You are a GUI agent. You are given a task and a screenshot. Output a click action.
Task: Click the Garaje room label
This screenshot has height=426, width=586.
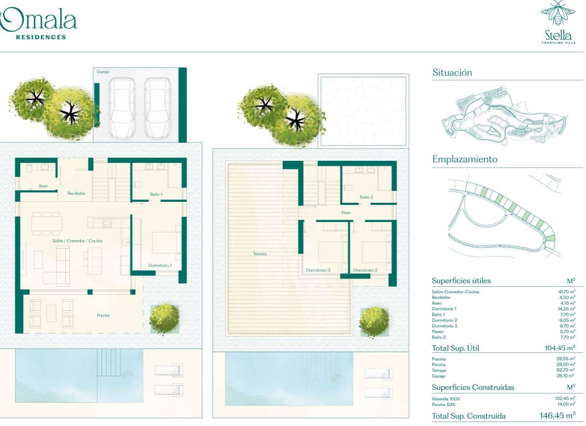pyautogui.click(x=103, y=72)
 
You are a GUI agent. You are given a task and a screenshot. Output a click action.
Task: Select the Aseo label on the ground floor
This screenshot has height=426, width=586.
pyautogui.click(x=43, y=186)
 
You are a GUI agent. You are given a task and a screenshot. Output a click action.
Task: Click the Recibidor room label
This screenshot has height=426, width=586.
pyautogui.click(x=76, y=193)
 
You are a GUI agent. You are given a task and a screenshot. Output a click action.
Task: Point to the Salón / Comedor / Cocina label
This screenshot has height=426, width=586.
pyautogui.click(x=77, y=241)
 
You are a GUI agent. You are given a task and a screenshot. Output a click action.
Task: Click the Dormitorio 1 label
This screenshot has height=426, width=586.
pyautogui.click(x=160, y=265)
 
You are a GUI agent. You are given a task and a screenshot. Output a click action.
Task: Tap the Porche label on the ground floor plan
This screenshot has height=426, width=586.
pyautogui.click(x=103, y=315)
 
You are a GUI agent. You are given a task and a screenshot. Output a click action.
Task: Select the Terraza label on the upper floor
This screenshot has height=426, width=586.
pyautogui.click(x=259, y=254)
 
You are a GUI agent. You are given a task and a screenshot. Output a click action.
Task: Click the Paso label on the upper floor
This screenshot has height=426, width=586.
pyautogui.click(x=346, y=213)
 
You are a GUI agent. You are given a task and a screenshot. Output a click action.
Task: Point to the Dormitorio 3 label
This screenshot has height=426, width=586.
pyautogui.click(x=318, y=270)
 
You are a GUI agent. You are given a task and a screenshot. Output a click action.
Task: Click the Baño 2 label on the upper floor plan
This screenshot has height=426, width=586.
pyautogui.click(x=366, y=197)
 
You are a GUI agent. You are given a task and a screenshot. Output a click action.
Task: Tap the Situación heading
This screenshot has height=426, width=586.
pyautogui.click(x=452, y=72)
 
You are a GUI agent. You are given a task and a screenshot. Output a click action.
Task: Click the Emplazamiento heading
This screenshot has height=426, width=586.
pyautogui.click(x=465, y=159)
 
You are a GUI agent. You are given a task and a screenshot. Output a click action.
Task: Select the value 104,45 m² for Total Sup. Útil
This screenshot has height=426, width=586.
pyautogui.click(x=559, y=348)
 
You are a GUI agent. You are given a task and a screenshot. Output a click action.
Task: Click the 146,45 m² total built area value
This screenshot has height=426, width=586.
pyautogui.click(x=557, y=416)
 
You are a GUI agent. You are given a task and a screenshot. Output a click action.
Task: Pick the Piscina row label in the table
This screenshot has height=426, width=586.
pyautogui.click(x=439, y=359)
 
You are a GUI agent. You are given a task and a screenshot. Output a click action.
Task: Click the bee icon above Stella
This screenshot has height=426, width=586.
pyautogui.click(x=558, y=13)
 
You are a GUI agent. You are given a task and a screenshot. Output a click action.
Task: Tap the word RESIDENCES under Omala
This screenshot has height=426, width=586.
pyautogui.click(x=41, y=37)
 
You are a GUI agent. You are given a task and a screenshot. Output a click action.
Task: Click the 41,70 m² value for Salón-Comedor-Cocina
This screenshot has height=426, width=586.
pyautogui.click(x=566, y=292)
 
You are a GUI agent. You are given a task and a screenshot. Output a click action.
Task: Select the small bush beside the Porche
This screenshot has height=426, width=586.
pyautogui.click(x=164, y=318)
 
